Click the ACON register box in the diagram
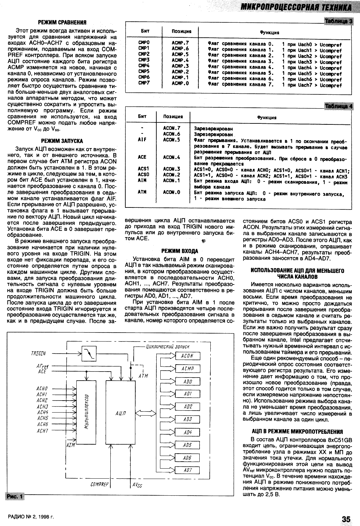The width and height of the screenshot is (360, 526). (x=187, y=356)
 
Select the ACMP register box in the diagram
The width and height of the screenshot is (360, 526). (x=187, y=369)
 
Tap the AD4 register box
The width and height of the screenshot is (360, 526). (x=187, y=432)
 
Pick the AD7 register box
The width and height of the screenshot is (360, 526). (x=187, y=470)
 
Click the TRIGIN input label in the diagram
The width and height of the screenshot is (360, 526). (x=38, y=353)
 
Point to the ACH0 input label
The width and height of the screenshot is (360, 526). (x=42, y=389)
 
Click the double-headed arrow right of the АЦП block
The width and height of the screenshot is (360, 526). (x=144, y=413)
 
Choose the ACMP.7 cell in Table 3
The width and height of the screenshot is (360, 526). (x=180, y=43)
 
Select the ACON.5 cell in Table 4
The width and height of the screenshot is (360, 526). (x=172, y=140)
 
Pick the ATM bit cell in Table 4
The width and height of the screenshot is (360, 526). (x=142, y=192)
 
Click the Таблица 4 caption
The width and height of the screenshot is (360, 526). (x=338, y=106)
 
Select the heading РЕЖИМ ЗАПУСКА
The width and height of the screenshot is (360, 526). (x=62, y=141)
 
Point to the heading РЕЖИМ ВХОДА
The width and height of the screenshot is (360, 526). (x=180, y=251)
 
